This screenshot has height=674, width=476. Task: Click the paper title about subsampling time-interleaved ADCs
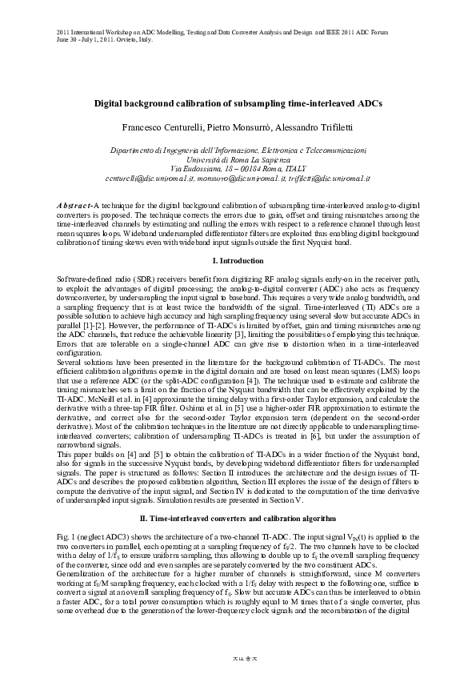(238, 104)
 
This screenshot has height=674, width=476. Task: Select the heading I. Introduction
(238, 262)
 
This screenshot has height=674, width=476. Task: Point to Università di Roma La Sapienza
(238, 159)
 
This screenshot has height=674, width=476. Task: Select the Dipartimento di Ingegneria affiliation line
(238, 150)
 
